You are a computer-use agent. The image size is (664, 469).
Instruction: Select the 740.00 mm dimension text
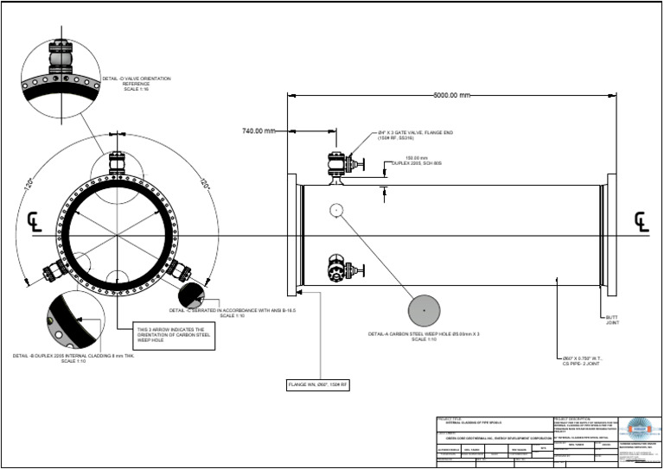coord(258,131)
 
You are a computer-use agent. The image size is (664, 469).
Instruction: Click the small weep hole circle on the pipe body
coord(336,209)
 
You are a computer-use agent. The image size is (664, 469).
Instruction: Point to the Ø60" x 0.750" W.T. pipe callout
coord(580,360)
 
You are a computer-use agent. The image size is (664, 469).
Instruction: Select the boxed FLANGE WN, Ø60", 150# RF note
coord(318,384)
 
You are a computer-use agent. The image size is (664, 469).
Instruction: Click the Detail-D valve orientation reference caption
coord(136,83)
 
